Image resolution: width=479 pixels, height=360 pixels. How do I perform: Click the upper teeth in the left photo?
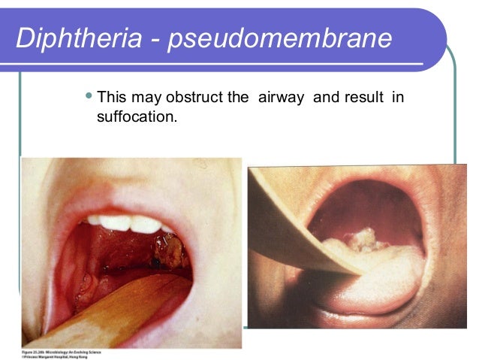pyautogui.click(x=128, y=223)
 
